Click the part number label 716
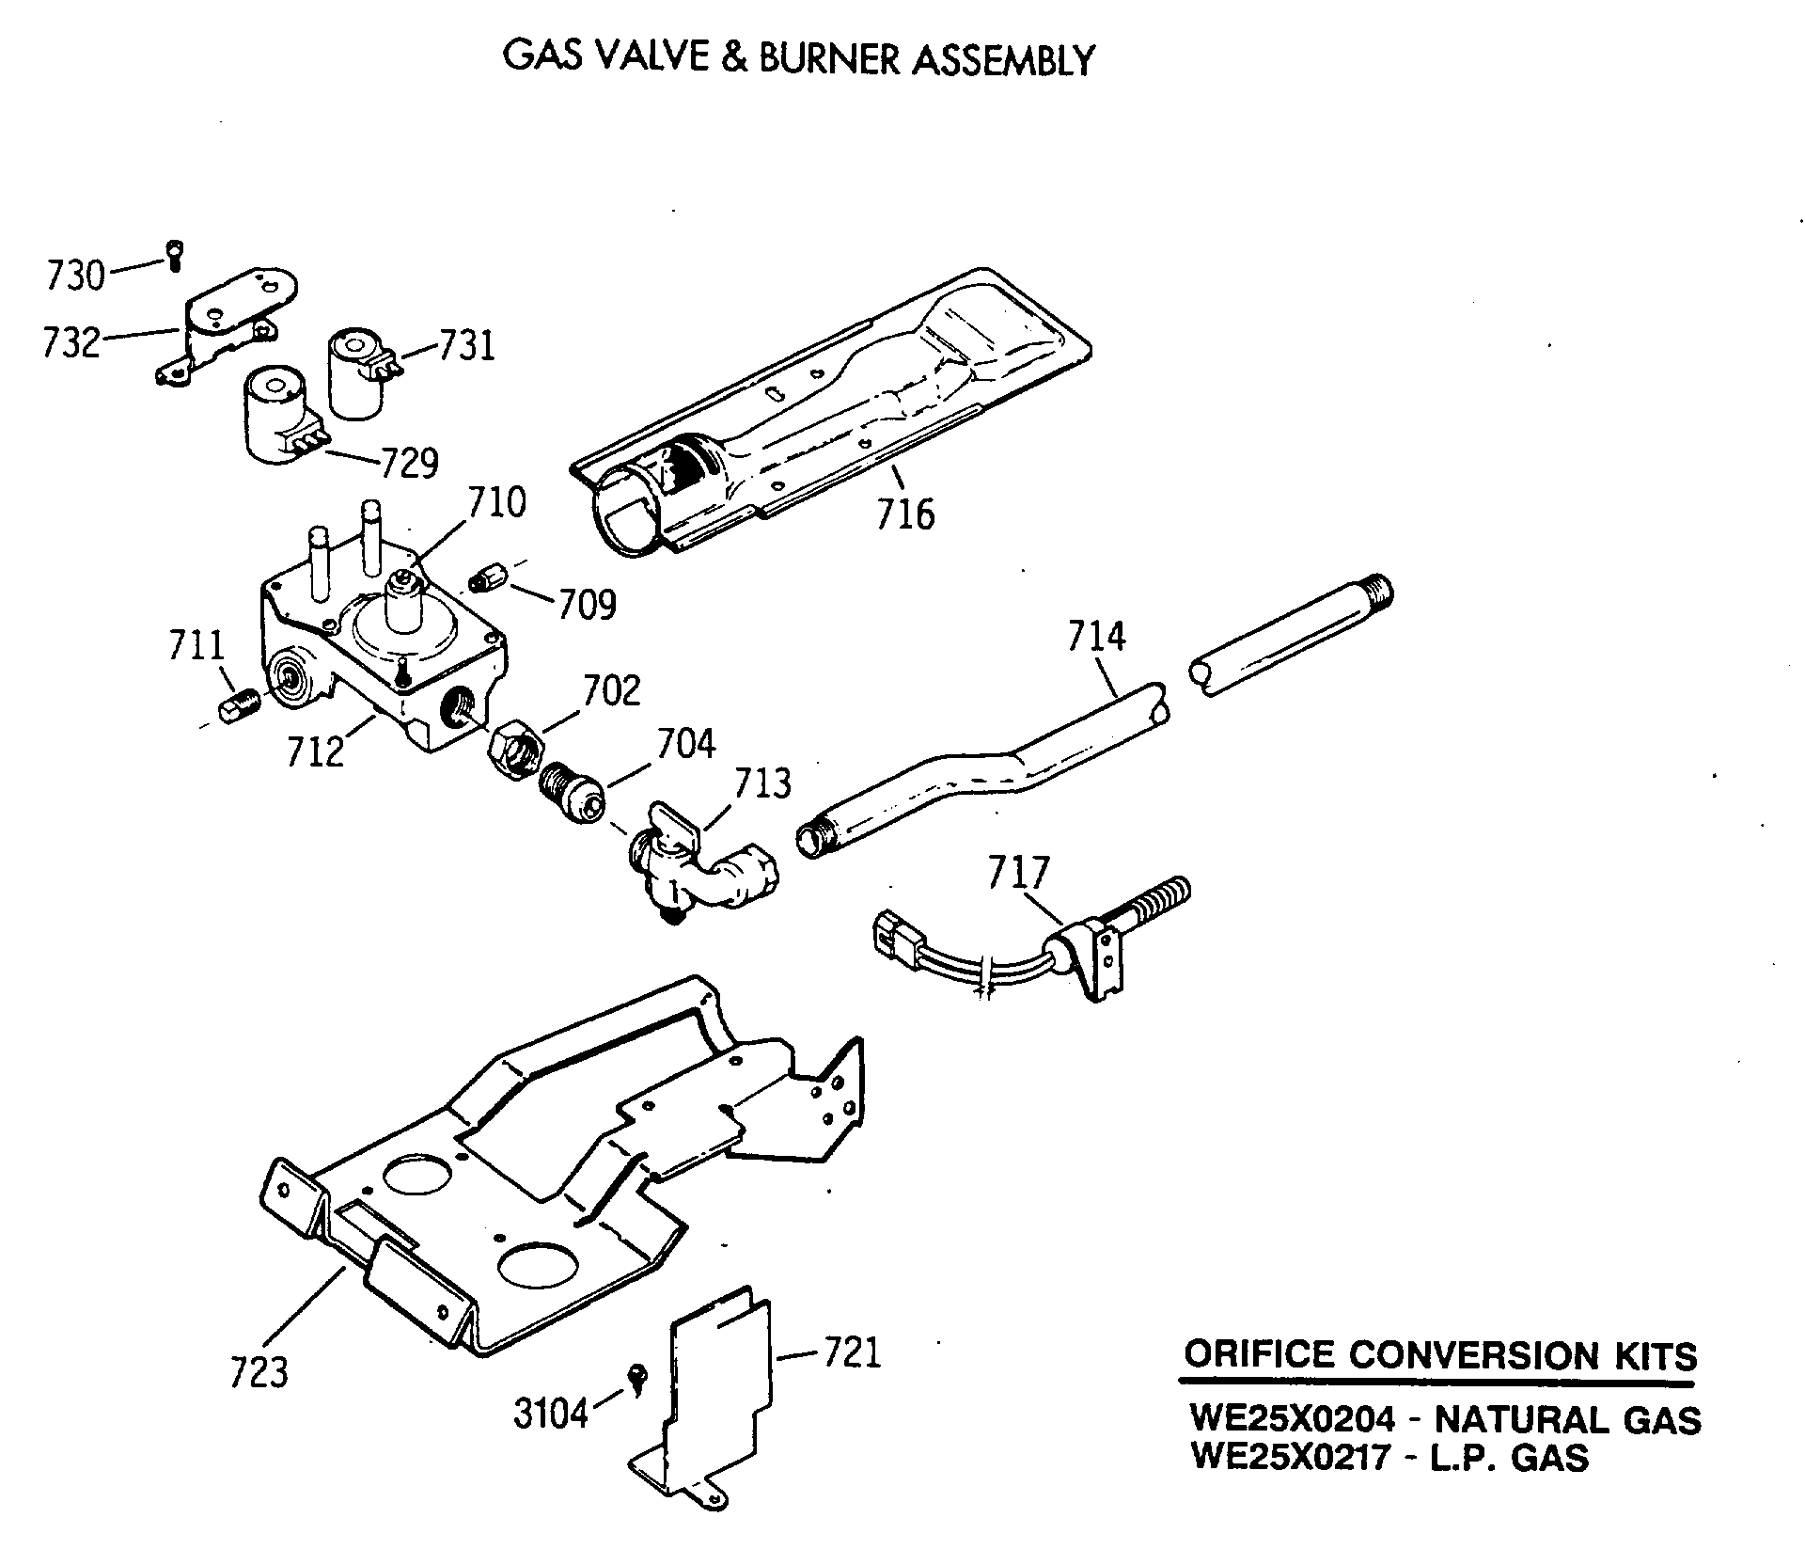coord(905,514)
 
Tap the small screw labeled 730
coord(175,255)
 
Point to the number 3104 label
coord(551,1414)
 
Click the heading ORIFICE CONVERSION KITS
coord(1439,1355)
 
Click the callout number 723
coord(259,1371)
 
